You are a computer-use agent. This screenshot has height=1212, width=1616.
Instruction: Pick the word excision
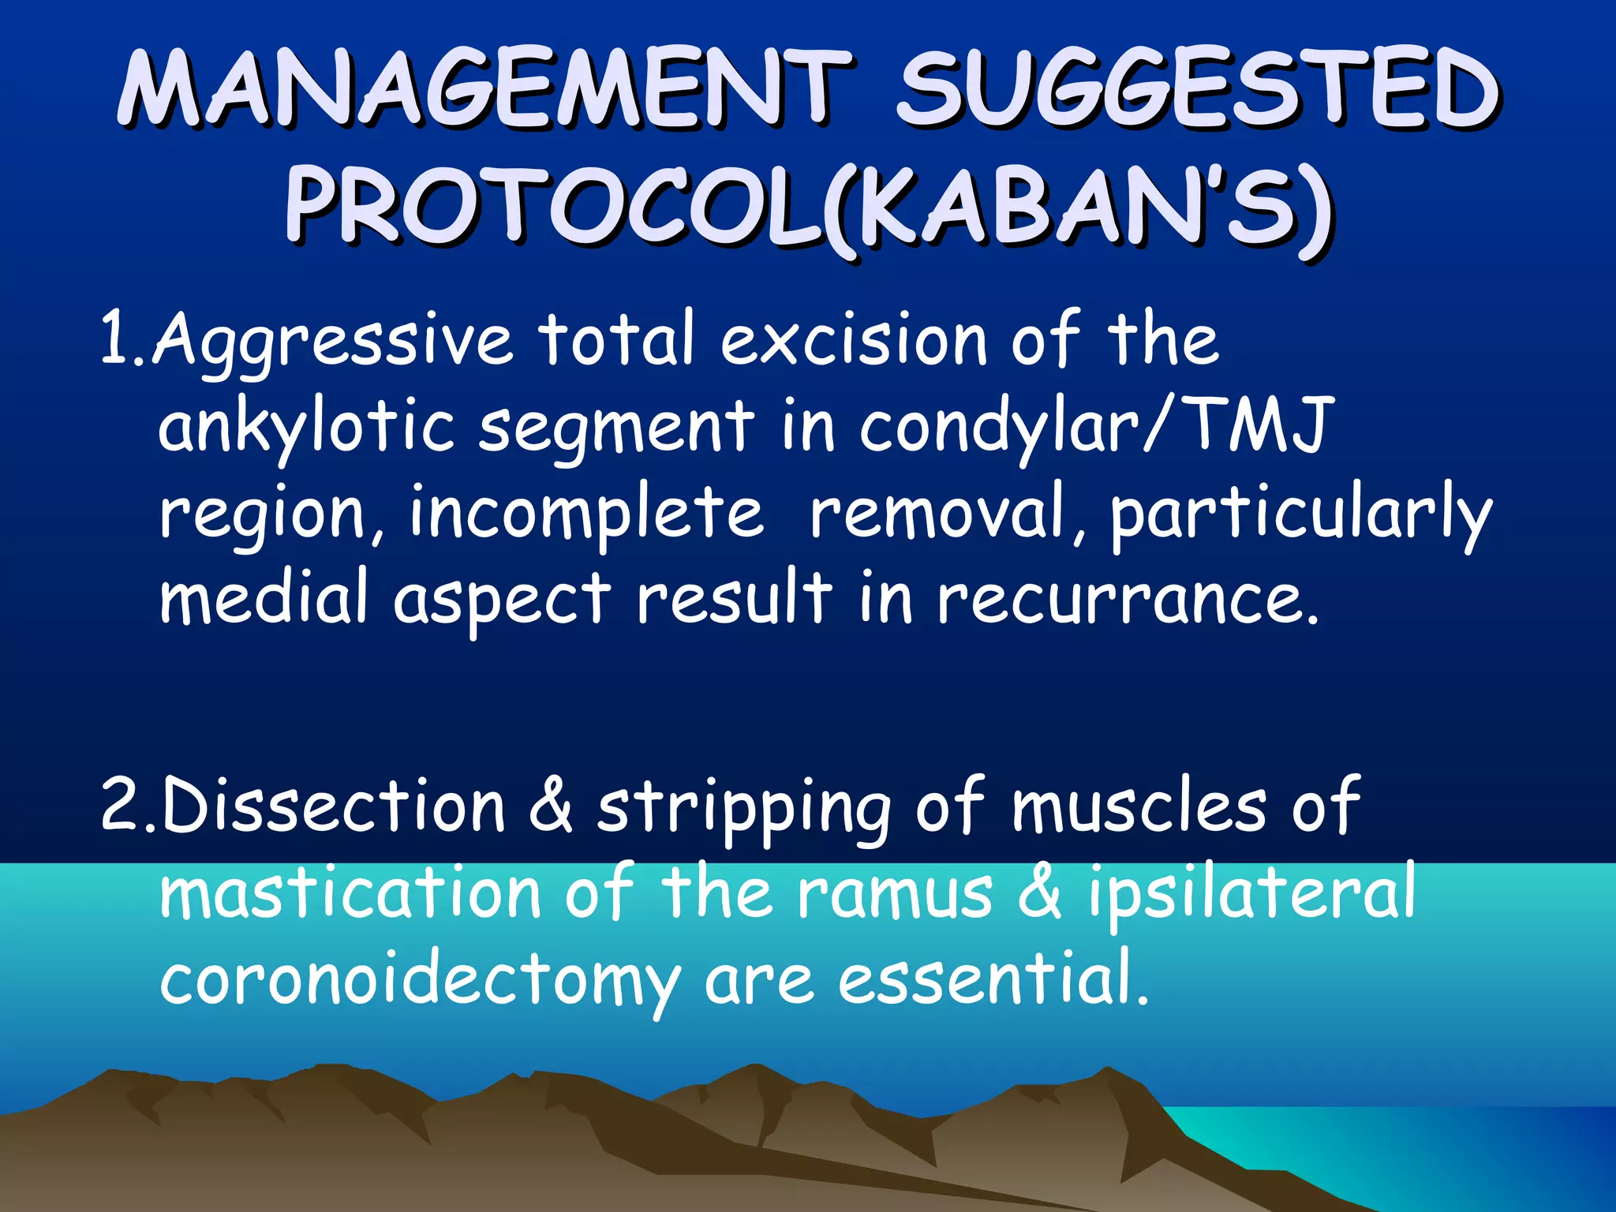pos(853,339)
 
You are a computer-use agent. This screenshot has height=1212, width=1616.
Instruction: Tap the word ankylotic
pos(307,426)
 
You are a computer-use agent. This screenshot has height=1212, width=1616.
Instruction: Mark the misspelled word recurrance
pos(1128,598)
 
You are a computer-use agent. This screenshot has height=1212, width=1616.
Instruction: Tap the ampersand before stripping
pos(550,805)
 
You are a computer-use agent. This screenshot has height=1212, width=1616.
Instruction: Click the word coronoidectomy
pos(419,982)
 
